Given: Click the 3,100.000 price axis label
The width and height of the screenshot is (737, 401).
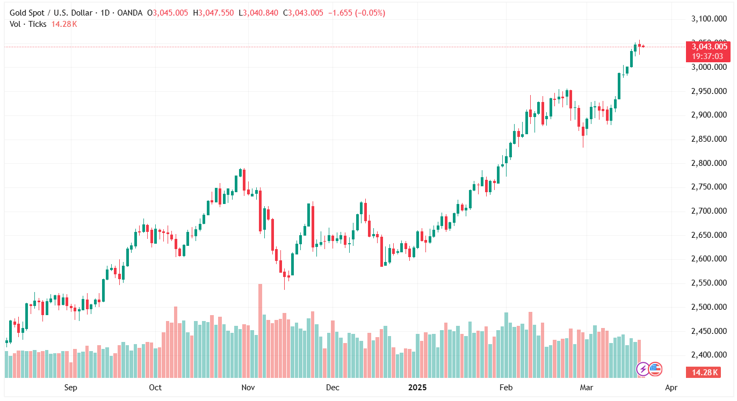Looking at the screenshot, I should tap(707, 19).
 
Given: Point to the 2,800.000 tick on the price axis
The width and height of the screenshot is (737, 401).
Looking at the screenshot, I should tap(707, 163).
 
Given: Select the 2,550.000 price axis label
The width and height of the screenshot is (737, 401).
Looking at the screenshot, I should tap(707, 283).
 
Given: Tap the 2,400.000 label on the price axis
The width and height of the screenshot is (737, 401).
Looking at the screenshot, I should tap(707, 355).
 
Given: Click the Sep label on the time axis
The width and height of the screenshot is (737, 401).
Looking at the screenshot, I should tap(70, 387).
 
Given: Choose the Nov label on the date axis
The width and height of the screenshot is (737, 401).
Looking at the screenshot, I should tap(248, 387).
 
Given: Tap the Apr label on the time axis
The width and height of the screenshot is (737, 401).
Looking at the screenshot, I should tap(671, 387).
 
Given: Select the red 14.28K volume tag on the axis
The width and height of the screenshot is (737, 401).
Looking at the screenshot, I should tap(704, 373).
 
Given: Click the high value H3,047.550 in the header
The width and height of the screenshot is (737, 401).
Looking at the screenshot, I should tap(213, 13).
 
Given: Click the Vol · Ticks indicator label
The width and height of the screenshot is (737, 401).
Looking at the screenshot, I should tap(28, 24).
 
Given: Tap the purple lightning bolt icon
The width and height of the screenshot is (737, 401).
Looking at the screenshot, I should tap(642, 369).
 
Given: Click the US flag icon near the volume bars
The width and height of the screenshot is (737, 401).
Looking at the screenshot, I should tap(655, 369).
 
